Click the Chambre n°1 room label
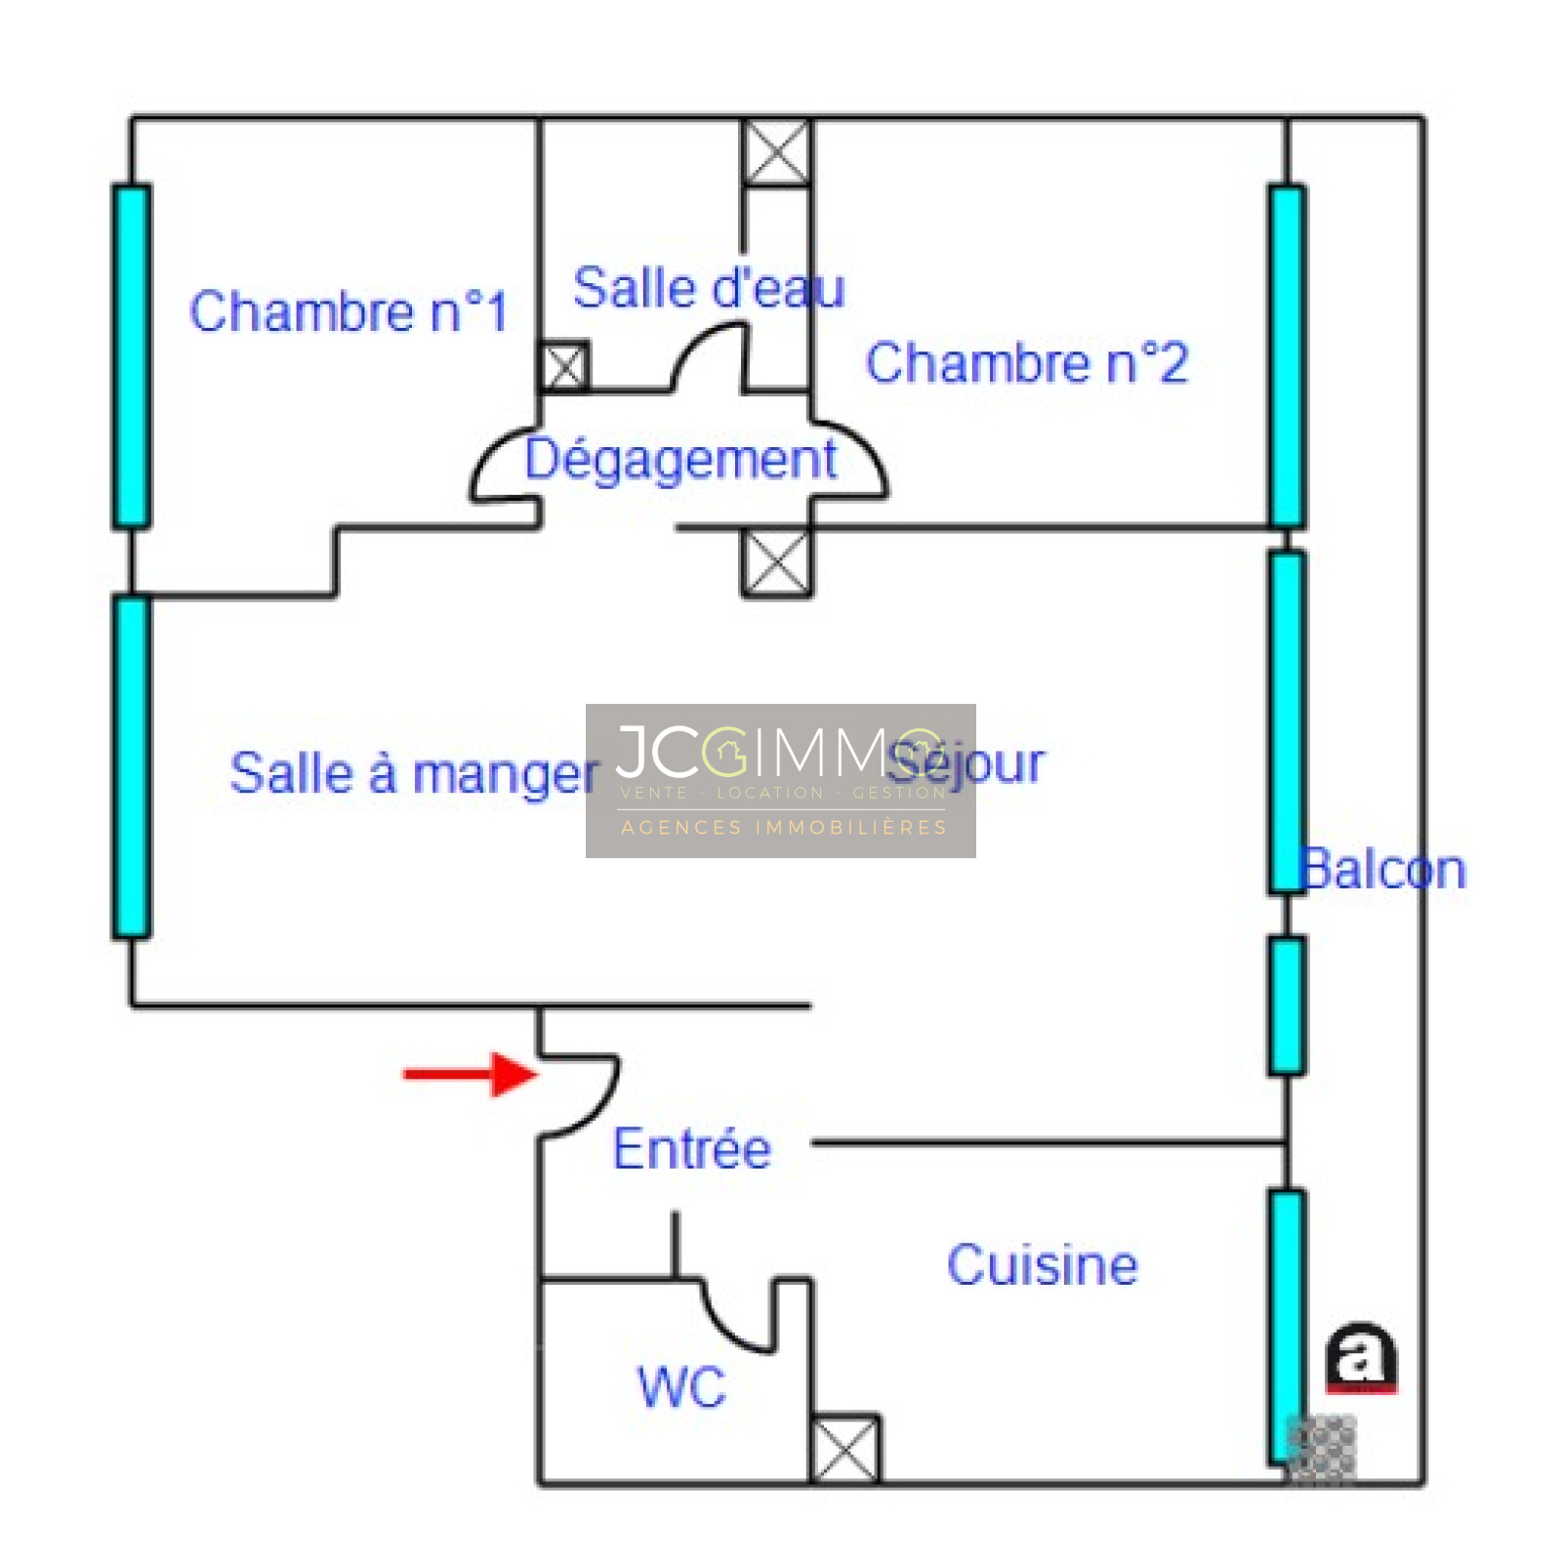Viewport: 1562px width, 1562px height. [x=349, y=312]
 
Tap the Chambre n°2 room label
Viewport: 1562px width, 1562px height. [x=1026, y=363]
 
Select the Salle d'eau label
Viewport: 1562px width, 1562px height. [x=708, y=289]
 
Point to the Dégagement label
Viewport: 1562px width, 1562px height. [x=680, y=459]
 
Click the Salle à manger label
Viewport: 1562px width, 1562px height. [x=414, y=774]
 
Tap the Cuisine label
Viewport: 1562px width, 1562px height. [x=1042, y=1265]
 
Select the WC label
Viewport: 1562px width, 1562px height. [x=681, y=1386]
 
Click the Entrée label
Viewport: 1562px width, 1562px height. [x=691, y=1149]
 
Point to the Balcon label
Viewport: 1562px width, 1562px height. [x=1384, y=870]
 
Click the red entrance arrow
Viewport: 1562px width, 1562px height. [x=470, y=1075]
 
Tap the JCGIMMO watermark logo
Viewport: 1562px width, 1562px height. [x=780, y=780]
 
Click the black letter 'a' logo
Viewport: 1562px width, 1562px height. [x=1360, y=1356]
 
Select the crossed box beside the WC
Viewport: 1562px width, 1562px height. [x=845, y=1449]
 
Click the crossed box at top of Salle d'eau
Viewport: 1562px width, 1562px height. [x=776, y=152]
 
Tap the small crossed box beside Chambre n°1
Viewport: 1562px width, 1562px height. [x=564, y=367]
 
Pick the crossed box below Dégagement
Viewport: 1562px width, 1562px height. [x=776, y=562]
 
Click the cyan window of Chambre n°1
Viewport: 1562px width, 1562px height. [x=132, y=356]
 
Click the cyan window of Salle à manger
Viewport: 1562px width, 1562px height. [x=132, y=767]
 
